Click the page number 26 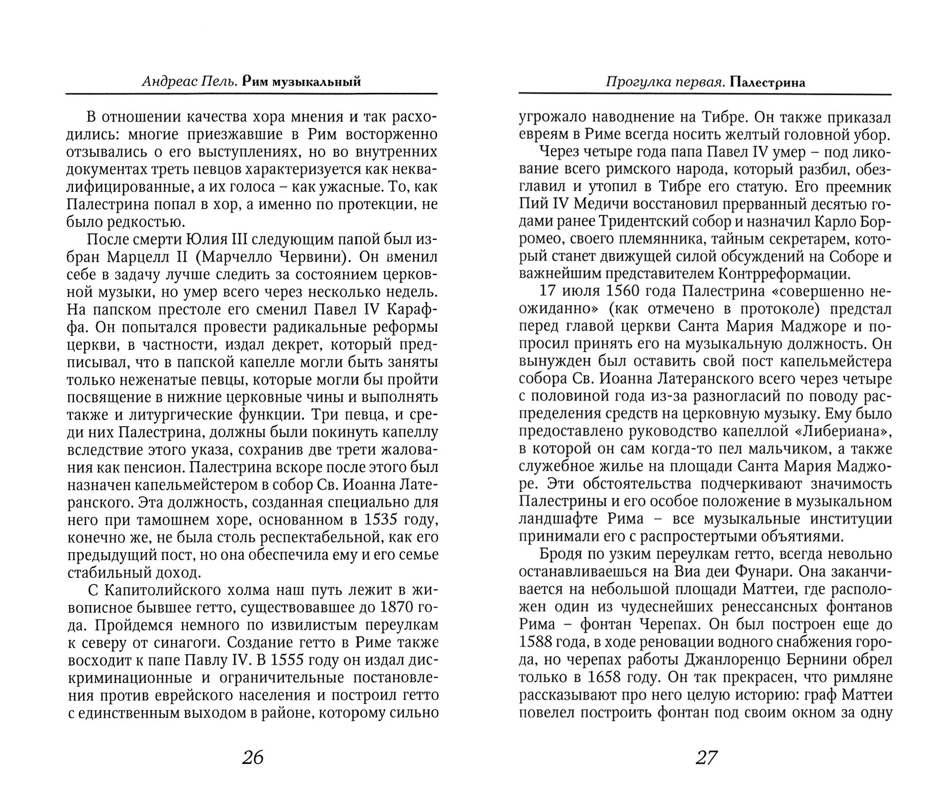pos(251,757)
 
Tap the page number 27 pos(706,757)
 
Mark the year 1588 pos(538,643)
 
